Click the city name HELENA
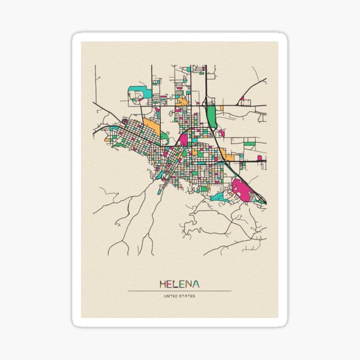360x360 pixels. tap(180, 283)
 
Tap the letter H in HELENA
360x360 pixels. tap(163, 283)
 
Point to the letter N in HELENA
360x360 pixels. tap(189, 283)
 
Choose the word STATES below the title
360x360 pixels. tap(187, 296)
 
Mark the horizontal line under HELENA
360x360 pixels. tap(180, 291)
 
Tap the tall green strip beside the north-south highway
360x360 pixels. tap(211, 117)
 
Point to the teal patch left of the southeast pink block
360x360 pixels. tap(219, 196)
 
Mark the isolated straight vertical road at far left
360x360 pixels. tap(95, 84)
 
